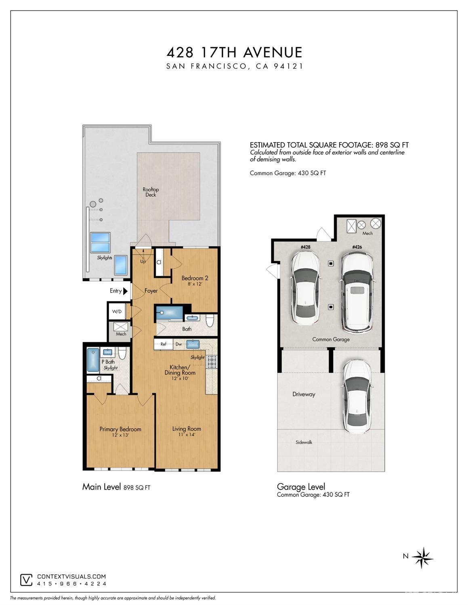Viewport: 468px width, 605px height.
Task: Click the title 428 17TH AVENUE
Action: click(x=234, y=52)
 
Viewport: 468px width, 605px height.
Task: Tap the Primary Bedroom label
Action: click(x=120, y=429)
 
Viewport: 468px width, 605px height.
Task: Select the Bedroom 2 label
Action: click(x=195, y=278)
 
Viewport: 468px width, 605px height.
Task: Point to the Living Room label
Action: click(x=187, y=429)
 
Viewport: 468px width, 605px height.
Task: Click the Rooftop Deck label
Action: click(x=151, y=192)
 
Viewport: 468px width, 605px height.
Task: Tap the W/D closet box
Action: click(x=117, y=312)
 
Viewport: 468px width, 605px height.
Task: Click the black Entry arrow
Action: click(x=125, y=291)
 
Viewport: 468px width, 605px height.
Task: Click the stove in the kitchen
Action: click(x=212, y=362)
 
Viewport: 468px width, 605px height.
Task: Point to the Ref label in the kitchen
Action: click(x=164, y=344)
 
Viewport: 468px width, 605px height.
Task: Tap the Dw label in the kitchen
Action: click(x=178, y=344)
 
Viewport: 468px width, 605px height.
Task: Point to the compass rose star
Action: click(x=422, y=558)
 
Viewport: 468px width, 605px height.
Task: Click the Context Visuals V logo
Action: click(x=26, y=580)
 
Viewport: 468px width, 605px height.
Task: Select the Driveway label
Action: click(x=304, y=394)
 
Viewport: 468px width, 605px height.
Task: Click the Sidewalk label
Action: click(x=304, y=442)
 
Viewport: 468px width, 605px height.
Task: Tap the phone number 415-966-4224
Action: click(x=71, y=584)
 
